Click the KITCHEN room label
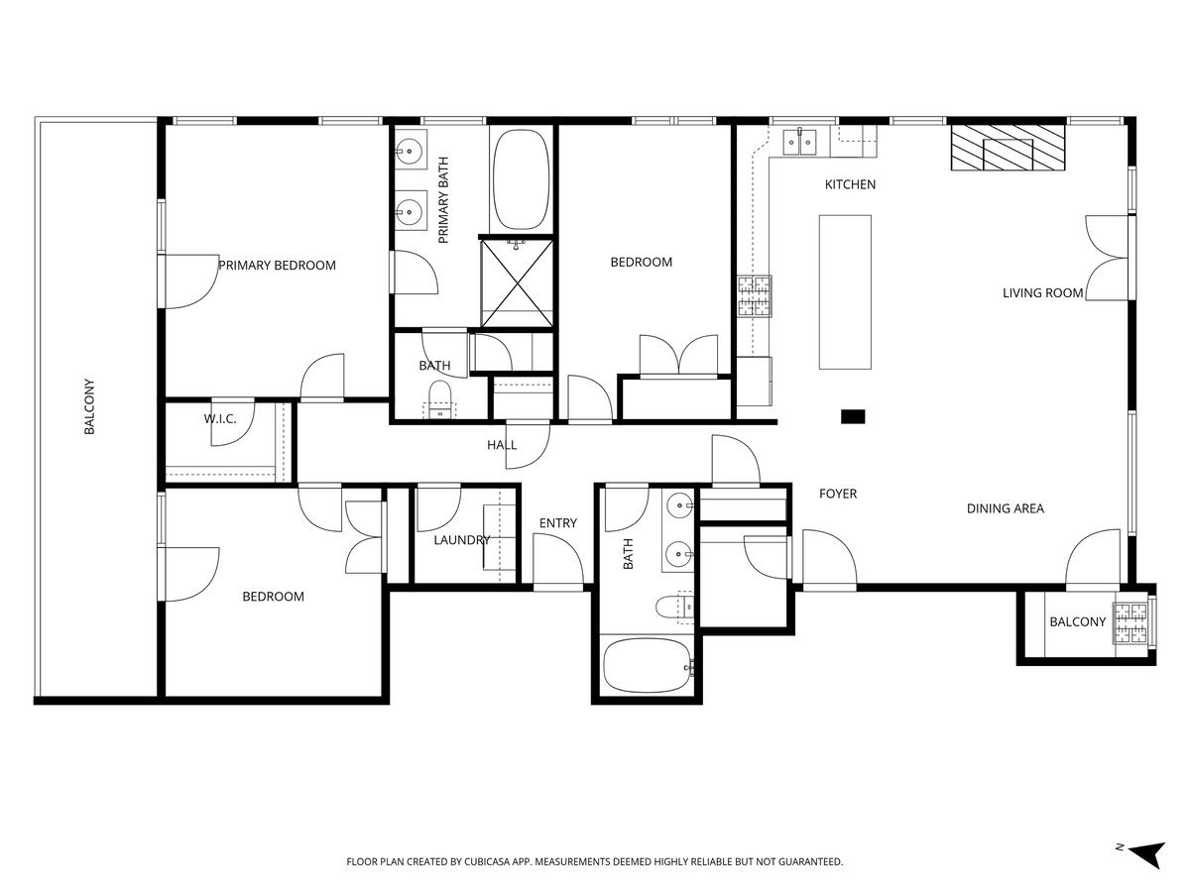click(x=850, y=184)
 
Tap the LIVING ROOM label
click(x=1042, y=292)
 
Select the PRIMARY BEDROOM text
click(x=277, y=265)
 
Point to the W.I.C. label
click(x=220, y=419)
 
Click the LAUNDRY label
click(x=461, y=540)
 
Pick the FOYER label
click(x=838, y=494)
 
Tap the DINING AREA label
click(x=1006, y=508)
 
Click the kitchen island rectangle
click(x=845, y=291)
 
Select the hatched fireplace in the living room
click(x=1008, y=149)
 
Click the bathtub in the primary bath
click(x=520, y=179)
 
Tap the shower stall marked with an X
click(x=517, y=281)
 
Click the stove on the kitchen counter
click(x=754, y=296)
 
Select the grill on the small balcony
click(x=1130, y=621)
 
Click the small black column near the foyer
click(x=853, y=417)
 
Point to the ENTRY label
click(x=557, y=523)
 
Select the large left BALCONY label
click(x=89, y=406)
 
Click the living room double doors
click(x=1107, y=257)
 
